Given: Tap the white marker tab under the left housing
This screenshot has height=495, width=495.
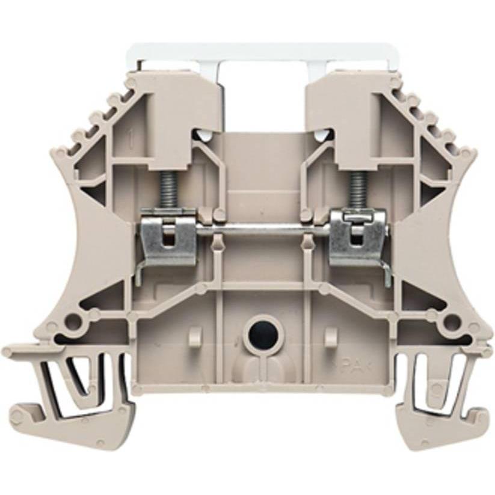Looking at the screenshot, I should (x=204, y=135).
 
